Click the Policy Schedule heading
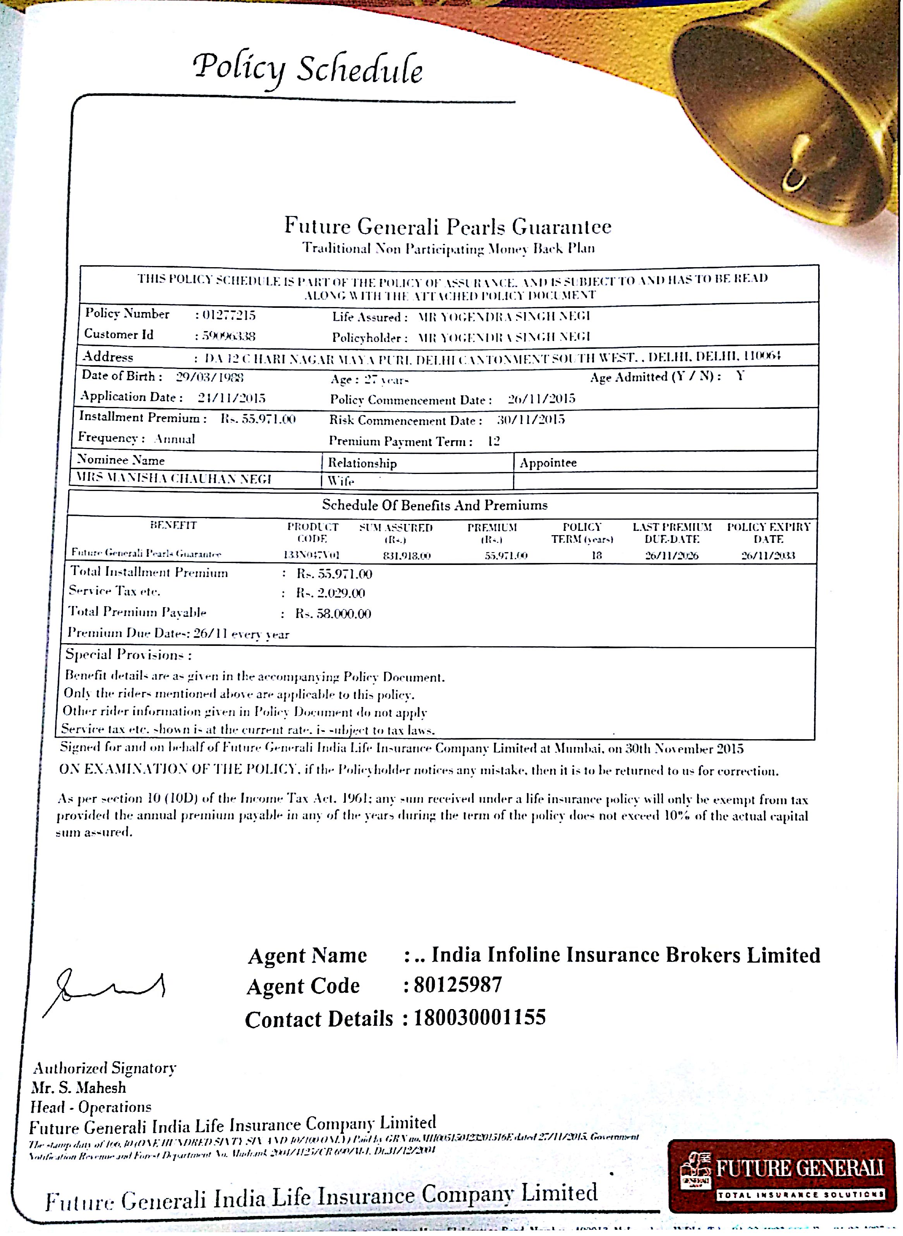click(x=308, y=69)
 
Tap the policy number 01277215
click(x=228, y=316)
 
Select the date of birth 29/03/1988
click(x=209, y=377)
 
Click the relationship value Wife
click(x=341, y=481)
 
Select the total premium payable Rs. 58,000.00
click(x=333, y=613)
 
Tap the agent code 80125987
click(x=458, y=985)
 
